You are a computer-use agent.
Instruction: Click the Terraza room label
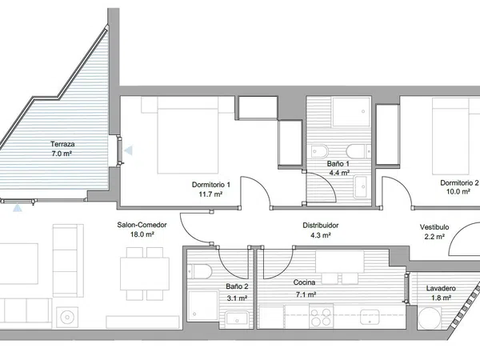[62, 144]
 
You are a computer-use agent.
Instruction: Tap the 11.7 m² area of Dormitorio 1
[210, 194]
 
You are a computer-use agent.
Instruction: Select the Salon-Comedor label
[142, 225]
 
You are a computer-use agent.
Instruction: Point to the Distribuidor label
[321, 226]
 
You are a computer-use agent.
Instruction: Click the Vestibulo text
[434, 227]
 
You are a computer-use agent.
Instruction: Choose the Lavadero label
[441, 288]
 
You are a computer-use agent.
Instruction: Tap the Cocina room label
[304, 282]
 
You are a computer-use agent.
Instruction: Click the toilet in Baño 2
[199, 271]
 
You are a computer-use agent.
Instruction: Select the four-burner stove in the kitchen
[321, 317]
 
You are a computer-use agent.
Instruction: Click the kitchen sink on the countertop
[370, 317]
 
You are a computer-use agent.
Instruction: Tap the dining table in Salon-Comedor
[145, 274]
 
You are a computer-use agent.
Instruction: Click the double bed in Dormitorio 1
[188, 135]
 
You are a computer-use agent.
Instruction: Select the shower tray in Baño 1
[351, 112]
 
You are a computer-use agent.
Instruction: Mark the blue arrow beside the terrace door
[128, 150]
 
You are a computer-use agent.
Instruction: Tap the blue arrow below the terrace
[18, 209]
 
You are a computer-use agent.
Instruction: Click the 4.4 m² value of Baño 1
[339, 173]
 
